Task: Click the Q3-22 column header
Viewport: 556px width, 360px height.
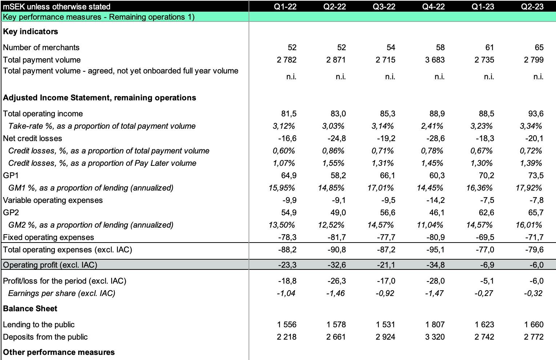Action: point(384,6)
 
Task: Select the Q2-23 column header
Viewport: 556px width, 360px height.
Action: point(532,6)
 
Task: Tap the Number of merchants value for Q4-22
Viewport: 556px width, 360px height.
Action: point(440,47)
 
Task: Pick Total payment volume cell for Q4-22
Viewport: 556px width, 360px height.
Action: point(435,60)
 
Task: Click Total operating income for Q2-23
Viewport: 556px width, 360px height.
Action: point(536,113)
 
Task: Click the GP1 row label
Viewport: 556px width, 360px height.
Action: point(11,175)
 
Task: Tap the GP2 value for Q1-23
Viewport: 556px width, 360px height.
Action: point(486,212)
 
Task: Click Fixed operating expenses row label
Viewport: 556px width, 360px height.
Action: point(48,237)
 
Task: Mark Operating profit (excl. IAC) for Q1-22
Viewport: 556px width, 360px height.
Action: point(287,265)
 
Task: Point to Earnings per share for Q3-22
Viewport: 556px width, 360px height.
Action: point(385,293)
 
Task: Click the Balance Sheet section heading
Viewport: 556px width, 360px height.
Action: point(30,308)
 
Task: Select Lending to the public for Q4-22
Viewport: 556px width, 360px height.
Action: point(435,324)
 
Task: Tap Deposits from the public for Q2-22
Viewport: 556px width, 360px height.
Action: point(336,337)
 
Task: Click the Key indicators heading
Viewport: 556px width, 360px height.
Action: point(31,31)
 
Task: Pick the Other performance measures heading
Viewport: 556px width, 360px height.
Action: point(59,352)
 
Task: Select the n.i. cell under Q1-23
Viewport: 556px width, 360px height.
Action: point(489,76)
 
